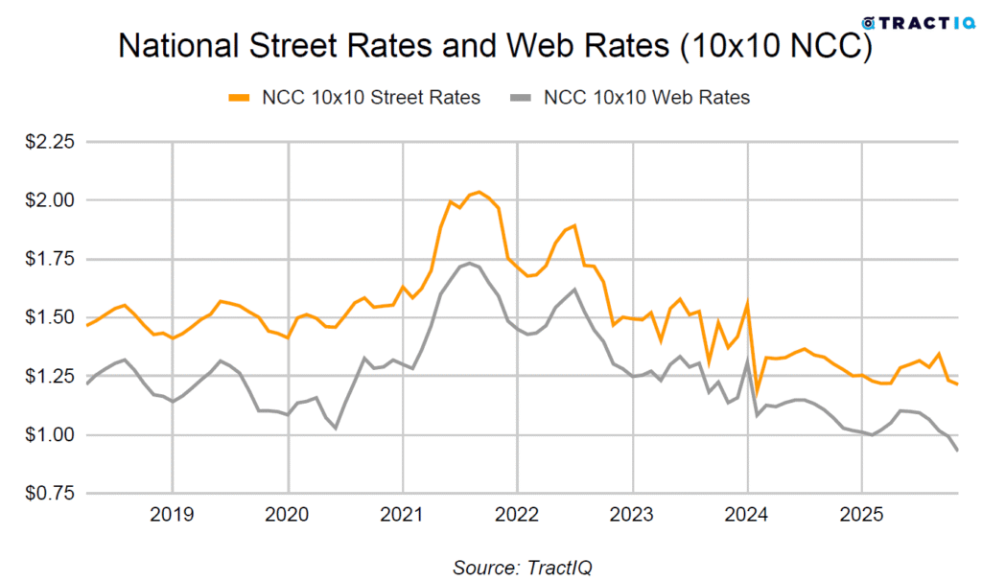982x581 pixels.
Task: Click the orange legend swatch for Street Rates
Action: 239,98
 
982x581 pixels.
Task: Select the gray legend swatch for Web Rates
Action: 520,98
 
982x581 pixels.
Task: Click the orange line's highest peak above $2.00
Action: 479,192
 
